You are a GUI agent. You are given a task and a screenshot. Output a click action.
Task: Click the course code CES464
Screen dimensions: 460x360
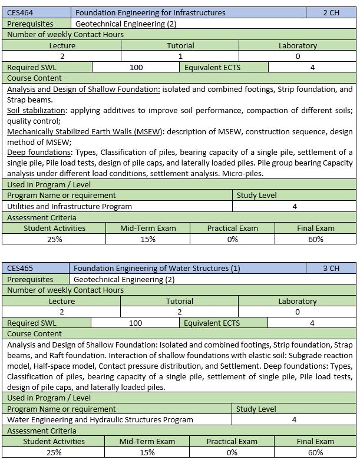pyautogui.click(x=21, y=12)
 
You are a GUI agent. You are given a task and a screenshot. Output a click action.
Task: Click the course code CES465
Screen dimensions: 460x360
pyautogui.click(x=21, y=269)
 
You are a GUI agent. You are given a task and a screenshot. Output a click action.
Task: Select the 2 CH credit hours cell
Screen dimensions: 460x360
pyautogui.click(x=331, y=12)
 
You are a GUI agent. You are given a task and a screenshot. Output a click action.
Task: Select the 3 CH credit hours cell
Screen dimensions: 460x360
pyautogui.click(x=331, y=269)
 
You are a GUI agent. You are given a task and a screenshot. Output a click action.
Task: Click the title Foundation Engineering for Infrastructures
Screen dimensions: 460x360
pyautogui.click(x=150, y=12)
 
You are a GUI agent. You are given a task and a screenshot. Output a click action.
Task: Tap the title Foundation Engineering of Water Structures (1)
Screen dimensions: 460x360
pyautogui.click(x=157, y=269)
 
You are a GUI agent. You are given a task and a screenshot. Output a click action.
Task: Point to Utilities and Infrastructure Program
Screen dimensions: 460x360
pyautogui.click(x=70, y=206)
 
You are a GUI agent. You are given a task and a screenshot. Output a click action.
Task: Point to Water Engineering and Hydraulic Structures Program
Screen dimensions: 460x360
pyautogui.click(x=100, y=419)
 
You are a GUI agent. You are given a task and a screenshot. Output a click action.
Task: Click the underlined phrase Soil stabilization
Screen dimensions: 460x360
pyautogui.click(x=36, y=111)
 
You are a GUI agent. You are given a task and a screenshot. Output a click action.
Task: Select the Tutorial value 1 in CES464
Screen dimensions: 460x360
pyautogui.click(x=180, y=56)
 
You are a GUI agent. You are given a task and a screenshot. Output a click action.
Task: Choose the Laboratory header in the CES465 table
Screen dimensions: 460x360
pyautogui.click(x=297, y=301)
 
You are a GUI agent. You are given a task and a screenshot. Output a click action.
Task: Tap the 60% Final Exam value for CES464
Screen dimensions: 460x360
pyautogui.click(x=315, y=239)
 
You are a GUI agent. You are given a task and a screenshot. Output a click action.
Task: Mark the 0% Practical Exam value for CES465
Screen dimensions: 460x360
pyautogui.click(x=232, y=452)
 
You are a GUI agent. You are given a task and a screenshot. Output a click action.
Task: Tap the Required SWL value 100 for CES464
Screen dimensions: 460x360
pyautogui.click(x=136, y=67)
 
